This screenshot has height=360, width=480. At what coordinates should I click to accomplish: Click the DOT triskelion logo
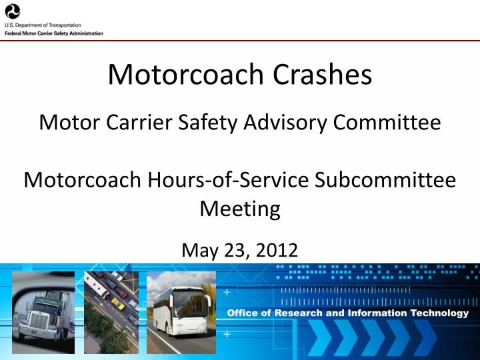point(13,11)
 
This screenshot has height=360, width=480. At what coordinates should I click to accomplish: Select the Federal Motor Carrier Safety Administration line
point(53,33)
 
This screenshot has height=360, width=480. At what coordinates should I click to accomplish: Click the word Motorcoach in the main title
point(183,75)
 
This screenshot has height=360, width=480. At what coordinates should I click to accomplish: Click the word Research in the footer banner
point(299,313)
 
